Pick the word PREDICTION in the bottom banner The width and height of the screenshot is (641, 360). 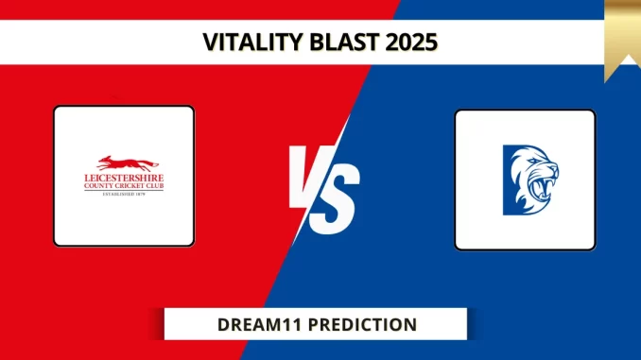pyautogui.click(x=360, y=324)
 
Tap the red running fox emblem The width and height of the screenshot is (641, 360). pyautogui.click(x=123, y=163)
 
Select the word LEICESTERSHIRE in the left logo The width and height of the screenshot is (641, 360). pyautogui.click(x=123, y=178)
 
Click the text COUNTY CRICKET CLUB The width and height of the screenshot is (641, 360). pyautogui.click(x=123, y=186)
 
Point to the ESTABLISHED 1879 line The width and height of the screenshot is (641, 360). pyautogui.click(x=123, y=195)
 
